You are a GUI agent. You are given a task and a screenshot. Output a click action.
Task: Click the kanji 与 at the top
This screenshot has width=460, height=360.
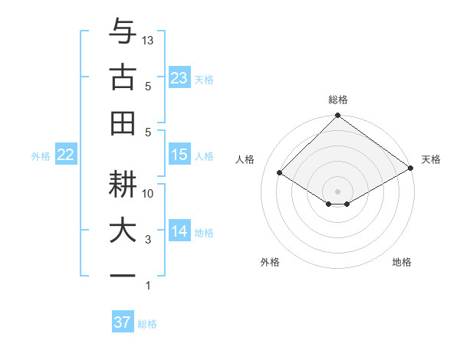pos(123,32)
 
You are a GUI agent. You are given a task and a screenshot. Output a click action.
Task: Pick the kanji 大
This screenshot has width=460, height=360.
pos(123,232)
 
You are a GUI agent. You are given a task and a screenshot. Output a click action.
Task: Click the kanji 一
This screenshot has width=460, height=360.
pos(123,277)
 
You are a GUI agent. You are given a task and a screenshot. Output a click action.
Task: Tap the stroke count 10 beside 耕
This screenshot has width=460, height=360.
pos(149,194)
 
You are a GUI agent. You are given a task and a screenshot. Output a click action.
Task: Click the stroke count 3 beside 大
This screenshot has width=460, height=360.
pos(149,240)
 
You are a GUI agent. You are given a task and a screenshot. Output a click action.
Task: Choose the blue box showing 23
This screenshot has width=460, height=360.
pos(179,78)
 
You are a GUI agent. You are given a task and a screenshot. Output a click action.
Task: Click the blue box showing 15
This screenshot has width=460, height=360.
pos(179,155)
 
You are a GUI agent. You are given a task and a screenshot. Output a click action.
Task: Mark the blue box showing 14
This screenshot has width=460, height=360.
pos(179,231)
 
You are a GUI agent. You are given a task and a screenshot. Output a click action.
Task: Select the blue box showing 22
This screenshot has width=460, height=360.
pos(66,155)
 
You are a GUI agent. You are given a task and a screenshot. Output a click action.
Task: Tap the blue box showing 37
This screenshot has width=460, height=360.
pos(123,322)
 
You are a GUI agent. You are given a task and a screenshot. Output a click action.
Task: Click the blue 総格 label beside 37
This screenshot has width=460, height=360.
pos(147,323)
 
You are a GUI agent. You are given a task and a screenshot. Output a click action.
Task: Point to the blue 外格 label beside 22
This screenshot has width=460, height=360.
pos(41,155)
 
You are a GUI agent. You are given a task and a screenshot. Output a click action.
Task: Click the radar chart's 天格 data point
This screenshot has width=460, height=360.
pos(411,169)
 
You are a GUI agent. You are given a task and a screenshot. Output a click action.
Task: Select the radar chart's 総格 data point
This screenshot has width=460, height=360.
pos(337,116)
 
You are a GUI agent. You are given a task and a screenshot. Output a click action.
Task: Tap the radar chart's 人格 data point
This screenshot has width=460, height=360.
pos(280,173)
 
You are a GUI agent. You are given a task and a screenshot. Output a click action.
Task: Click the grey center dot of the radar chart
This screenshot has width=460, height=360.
pos(337,190)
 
